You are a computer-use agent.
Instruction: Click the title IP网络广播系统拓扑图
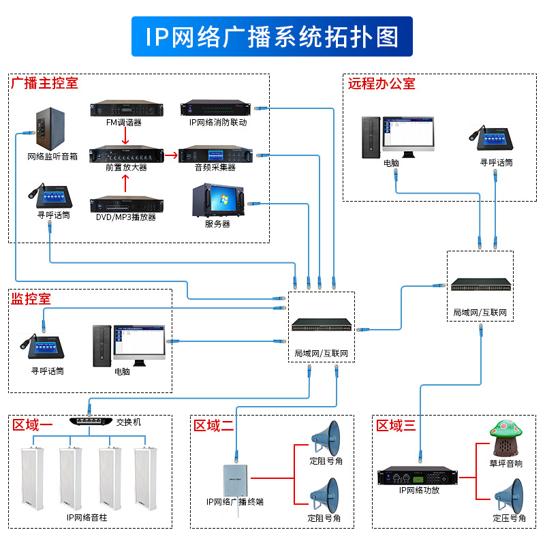point(272,36)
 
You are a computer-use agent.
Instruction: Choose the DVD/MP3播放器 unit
point(127,204)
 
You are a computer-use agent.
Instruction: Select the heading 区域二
point(213,426)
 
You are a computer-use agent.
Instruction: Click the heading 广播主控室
point(44,84)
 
